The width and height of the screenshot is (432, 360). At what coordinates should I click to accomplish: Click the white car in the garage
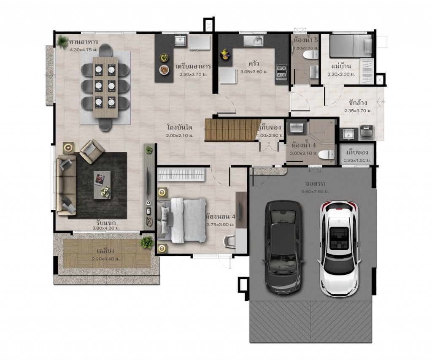[x=339, y=248]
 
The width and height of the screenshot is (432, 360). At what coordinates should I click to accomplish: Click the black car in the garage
[x=283, y=246]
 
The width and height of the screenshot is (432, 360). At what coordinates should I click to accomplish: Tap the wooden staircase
[x=231, y=130]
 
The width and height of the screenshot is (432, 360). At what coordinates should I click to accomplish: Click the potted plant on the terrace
[x=147, y=242]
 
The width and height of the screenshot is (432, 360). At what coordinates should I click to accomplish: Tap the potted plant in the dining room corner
[x=63, y=41]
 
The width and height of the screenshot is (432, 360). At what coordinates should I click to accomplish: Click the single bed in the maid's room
[x=351, y=46]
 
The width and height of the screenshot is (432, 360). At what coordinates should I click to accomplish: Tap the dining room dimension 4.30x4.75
[x=84, y=49]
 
